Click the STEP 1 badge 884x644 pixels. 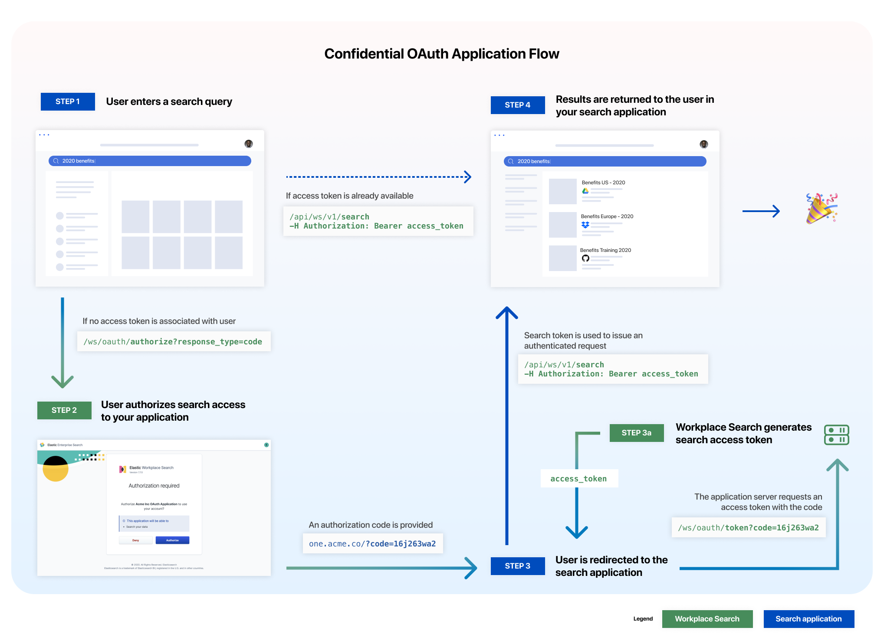pyautogui.click(x=68, y=101)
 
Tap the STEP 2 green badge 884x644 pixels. pyautogui.click(x=64, y=410)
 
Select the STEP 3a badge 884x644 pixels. pyautogui.click(x=636, y=433)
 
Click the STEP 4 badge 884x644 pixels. pyautogui.click(x=517, y=105)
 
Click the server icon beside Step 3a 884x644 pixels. pyautogui.click(x=836, y=435)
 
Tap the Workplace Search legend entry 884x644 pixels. pyautogui.click(x=707, y=619)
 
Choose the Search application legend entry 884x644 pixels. pyautogui.click(x=808, y=619)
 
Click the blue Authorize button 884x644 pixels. pyautogui.click(x=172, y=540)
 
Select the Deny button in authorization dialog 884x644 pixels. pyautogui.click(x=136, y=540)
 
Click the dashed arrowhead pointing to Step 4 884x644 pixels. pyautogui.click(x=467, y=177)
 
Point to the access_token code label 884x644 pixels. pyautogui.click(x=578, y=479)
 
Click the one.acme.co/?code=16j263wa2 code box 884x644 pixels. pyautogui.click(x=372, y=544)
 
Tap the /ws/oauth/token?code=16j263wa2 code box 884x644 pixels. pyautogui.click(x=748, y=528)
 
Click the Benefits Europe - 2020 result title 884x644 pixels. pyautogui.click(x=607, y=216)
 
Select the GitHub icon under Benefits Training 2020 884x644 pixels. pyautogui.click(x=585, y=258)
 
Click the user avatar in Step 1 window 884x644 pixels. pyautogui.click(x=249, y=144)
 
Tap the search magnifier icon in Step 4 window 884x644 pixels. pyautogui.click(x=511, y=161)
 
